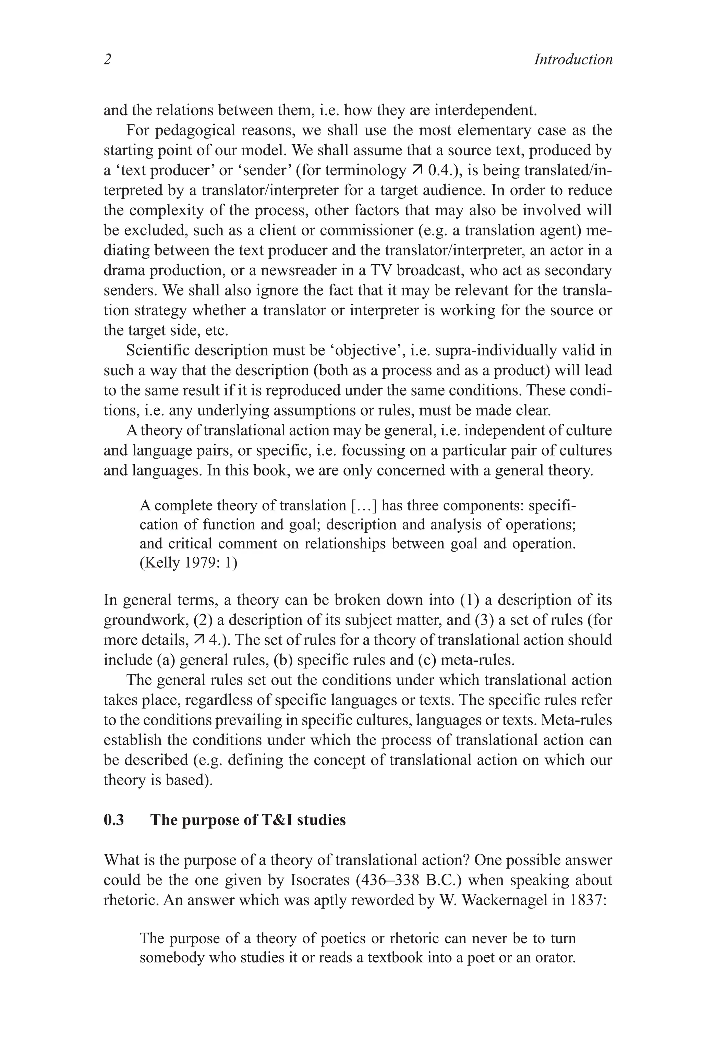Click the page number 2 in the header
pyautogui.click(x=107, y=60)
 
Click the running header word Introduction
pyautogui.click(x=573, y=60)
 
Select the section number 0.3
pyautogui.click(x=114, y=820)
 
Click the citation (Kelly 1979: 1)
pyautogui.click(x=188, y=562)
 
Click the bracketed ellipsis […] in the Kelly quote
pyautogui.click(x=364, y=506)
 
